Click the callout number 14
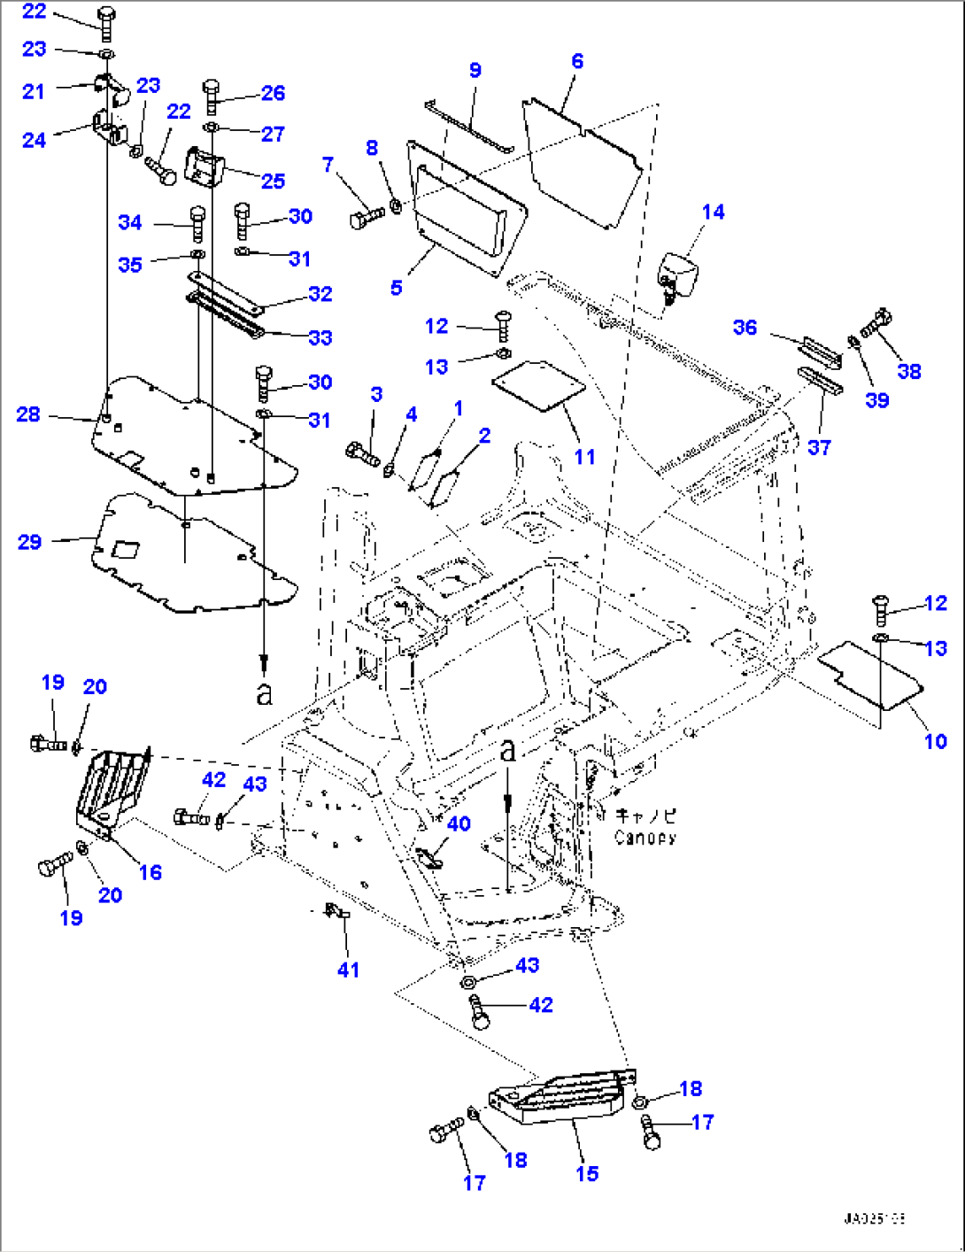coord(713,212)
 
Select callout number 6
coord(577,61)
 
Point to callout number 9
coord(475,71)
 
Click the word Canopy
coord(645,837)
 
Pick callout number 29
coord(29,542)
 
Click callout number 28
coord(28,414)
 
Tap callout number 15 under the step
coord(587,1173)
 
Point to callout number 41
coord(348,970)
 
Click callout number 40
coord(459,823)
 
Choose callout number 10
coord(936,741)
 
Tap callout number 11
coord(584,457)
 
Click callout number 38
coord(909,371)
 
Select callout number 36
coord(745,328)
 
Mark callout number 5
coord(396,287)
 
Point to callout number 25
coord(273,181)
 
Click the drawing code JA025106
coord(873,1219)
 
